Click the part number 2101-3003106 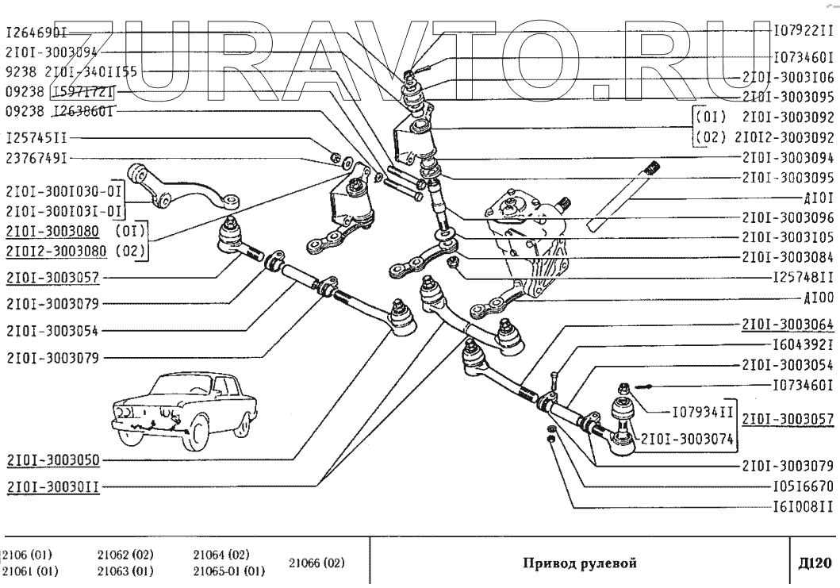pyautogui.click(x=788, y=79)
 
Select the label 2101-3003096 pyautogui.click(x=788, y=217)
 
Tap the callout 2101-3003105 pyautogui.click(x=788, y=237)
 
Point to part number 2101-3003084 pyautogui.click(x=788, y=257)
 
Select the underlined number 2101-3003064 pyautogui.click(x=788, y=325)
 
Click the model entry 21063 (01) pyautogui.click(x=125, y=571)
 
